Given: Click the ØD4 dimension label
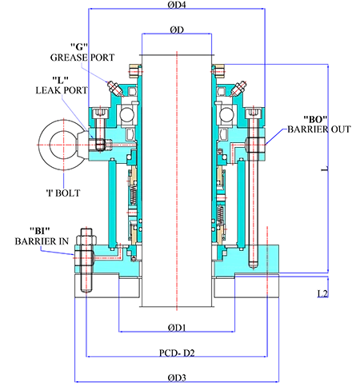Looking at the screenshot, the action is point(177,5).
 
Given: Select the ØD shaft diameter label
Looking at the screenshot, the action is point(177,30).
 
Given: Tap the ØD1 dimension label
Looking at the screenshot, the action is point(177,328).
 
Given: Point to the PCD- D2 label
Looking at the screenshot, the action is point(177,353).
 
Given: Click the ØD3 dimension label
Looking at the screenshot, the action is point(177,377).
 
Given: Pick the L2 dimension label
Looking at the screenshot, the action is point(322,293).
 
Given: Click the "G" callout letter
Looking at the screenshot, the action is point(79,47).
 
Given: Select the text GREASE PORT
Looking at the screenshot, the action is point(82,58).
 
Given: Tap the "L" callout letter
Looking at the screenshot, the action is point(60,79).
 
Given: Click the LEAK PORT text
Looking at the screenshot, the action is point(62,90).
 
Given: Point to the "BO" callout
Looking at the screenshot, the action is point(315,119).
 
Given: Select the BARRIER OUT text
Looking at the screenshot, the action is point(319,129).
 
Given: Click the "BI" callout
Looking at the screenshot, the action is point(40,230).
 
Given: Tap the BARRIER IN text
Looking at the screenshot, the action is point(42,241).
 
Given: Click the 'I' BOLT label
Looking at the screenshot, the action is point(63,193).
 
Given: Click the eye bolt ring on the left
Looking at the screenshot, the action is point(43,145).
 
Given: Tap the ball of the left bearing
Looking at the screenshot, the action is point(126,115).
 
